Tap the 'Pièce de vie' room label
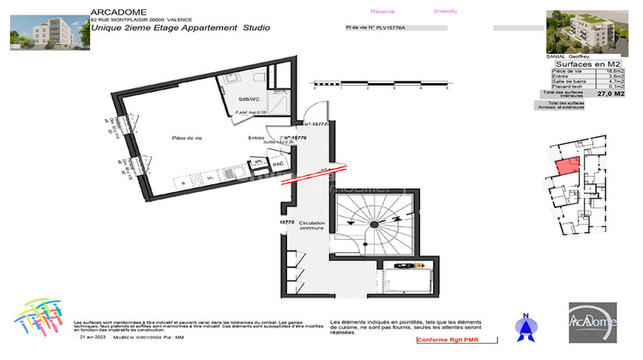pos(186,137)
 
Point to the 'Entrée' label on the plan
pos(256,137)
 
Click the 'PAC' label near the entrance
pos(278,163)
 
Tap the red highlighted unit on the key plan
pos(567,166)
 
